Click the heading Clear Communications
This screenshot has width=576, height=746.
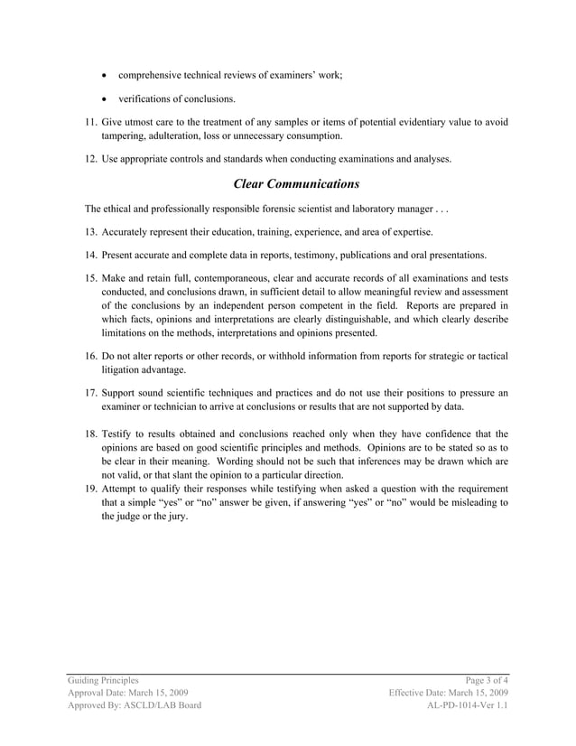tap(296, 184)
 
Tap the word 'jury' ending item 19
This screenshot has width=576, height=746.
tap(178, 517)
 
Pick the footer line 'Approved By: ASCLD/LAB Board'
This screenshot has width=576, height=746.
tap(135, 706)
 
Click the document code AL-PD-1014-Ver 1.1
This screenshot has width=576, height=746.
tap(467, 706)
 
